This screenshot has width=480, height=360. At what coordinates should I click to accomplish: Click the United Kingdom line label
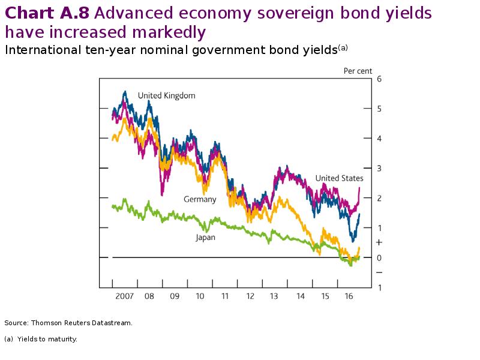pyautogui.click(x=166, y=95)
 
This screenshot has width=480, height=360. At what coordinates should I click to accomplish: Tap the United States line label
pyautogui.click(x=339, y=178)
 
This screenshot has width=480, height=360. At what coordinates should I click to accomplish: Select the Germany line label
pyautogui.click(x=200, y=199)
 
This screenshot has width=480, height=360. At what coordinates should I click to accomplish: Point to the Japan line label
pyautogui.click(x=205, y=238)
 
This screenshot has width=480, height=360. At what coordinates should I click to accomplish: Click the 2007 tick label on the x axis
pyautogui.click(x=124, y=296)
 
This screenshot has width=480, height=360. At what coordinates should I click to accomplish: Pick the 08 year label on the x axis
pyautogui.click(x=149, y=296)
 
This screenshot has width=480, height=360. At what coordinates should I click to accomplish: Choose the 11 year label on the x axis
pyautogui.click(x=225, y=296)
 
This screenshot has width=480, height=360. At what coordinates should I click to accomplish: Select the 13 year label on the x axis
pyautogui.click(x=275, y=296)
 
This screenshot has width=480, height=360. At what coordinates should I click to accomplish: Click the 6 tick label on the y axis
pyautogui.click(x=379, y=79)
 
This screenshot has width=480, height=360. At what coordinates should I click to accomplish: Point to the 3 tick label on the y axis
pyautogui.click(x=379, y=169)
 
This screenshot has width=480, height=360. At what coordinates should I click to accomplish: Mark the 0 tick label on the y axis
pyautogui.click(x=379, y=258)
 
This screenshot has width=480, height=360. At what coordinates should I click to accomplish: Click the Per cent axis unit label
pyautogui.click(x=358, y=71)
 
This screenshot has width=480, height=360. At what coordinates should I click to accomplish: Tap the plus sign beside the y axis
pyautogui.click(x=379, y=242)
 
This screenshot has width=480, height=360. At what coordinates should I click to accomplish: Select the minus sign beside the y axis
pyautogui.click(x=379, y=272)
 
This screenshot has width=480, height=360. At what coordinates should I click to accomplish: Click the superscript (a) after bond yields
pyautogui.click(x=343, y=47)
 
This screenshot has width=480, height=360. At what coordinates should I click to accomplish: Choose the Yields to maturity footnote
pyautogui.click(x=47, y=339)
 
